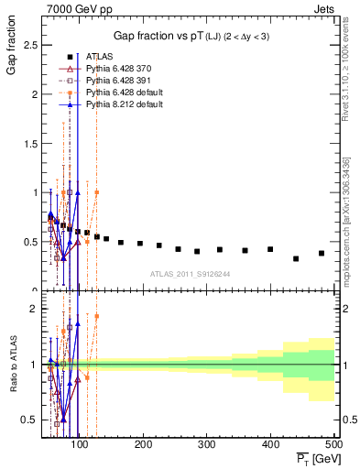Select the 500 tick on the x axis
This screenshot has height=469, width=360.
333,444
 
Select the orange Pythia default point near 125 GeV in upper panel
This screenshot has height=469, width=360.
96,192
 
